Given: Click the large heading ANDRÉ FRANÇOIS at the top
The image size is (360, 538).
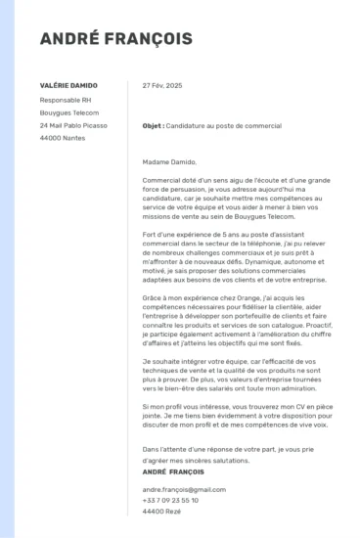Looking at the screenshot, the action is (x=115, y=39).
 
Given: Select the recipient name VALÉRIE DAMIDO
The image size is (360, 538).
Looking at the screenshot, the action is (x=68, y=85).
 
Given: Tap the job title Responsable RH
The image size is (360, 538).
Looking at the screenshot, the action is (x=66, y=99).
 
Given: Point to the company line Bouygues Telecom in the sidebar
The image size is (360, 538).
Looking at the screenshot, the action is (x=69, y=112).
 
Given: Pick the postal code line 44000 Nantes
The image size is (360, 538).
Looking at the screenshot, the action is (x=62, y=138).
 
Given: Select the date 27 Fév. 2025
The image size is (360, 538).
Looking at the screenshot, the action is (x=162, y=85).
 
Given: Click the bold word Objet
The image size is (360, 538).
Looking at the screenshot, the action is (x=152, y=126).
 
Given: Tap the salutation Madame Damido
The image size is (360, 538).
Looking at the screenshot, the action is (x=169, y=162).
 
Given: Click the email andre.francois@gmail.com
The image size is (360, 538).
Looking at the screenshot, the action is (x=177, y=488).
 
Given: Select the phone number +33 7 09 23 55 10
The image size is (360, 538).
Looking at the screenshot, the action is (x=170, y=500).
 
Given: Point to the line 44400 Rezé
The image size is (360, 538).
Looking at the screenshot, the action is (x=160, y=512).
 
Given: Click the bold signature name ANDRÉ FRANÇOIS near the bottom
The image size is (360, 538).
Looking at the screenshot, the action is (x=175, y=472).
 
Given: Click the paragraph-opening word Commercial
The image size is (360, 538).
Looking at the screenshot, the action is (x=162, y=180).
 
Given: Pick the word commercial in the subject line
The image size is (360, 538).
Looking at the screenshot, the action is (x=263, y=126).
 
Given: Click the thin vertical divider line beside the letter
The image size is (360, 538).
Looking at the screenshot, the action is (x=128, y=293).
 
